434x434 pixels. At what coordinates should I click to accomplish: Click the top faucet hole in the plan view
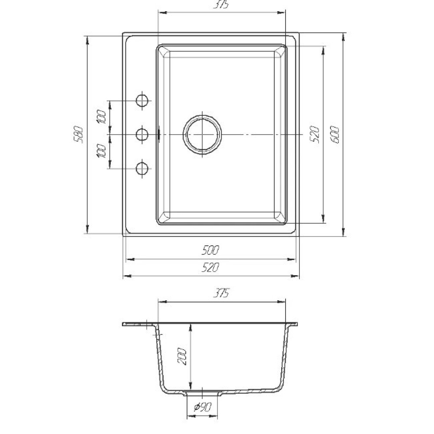click(142, 101)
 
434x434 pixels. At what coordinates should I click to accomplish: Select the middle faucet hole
click(142, 135)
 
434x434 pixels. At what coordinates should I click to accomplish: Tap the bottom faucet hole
click(142, 168)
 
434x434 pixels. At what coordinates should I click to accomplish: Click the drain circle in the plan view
click(202, 134)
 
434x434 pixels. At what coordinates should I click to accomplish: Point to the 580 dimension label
click(78, 134)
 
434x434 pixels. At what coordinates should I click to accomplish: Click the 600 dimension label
click(335, 134)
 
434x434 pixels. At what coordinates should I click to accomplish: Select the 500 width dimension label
click(210, 250)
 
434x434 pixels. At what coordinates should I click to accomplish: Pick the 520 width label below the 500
click(210, 267)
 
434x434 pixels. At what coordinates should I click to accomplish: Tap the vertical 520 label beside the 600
click(315, 134)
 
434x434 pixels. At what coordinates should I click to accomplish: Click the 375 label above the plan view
click(221, 5)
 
